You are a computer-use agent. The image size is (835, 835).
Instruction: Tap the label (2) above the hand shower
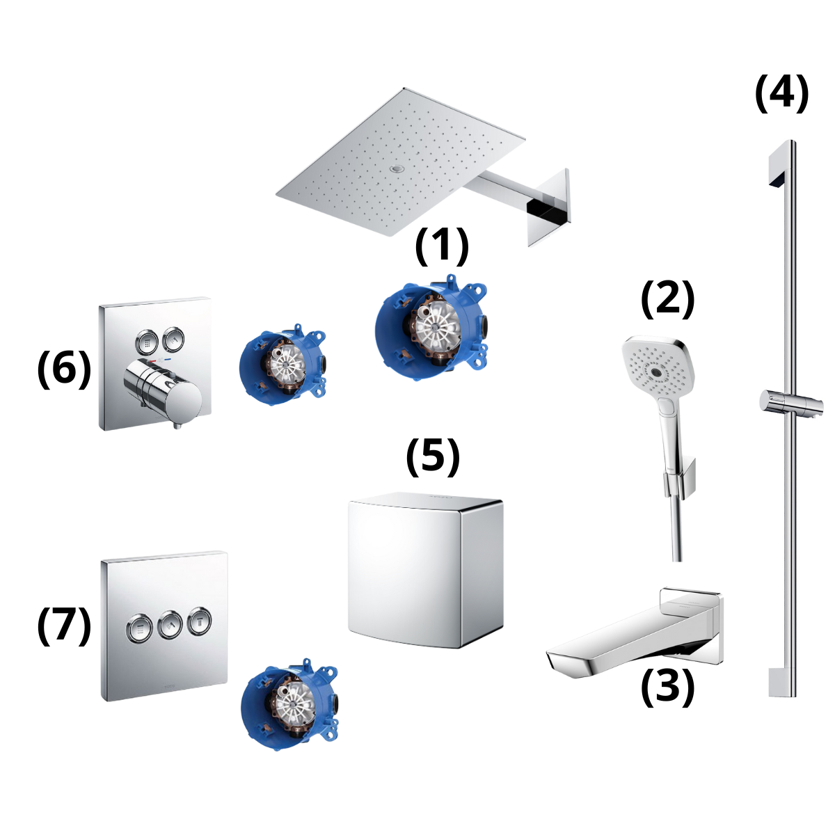(x=667, y=299)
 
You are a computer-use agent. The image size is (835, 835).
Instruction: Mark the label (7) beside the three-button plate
(x=63, y=624)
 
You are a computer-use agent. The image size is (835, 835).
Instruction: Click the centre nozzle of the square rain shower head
(x=397, y=169)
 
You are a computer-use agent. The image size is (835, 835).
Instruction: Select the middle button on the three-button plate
(x=169, y=625)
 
